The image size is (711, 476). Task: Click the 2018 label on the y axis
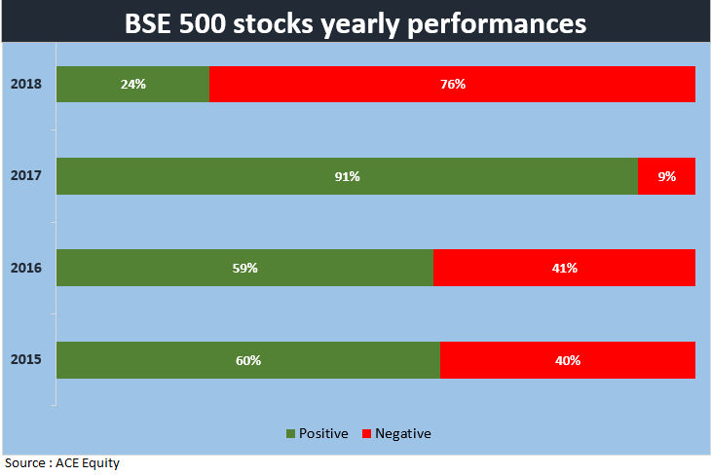tap(24, 85)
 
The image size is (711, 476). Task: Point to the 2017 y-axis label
tap(24, 176)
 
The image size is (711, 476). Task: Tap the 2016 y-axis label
tap(24, 268)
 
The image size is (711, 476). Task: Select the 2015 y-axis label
tap(24, 360)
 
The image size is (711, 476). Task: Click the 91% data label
tap(347, 176)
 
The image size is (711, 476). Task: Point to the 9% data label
tap(666, 176)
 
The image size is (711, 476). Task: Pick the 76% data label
tap(452, 85)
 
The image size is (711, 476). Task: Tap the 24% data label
tap(132, 85)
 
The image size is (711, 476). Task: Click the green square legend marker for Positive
tap(290, 434)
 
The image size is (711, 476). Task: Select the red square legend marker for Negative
tap(367, 434)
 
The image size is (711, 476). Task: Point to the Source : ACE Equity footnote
tap(62, 463)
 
